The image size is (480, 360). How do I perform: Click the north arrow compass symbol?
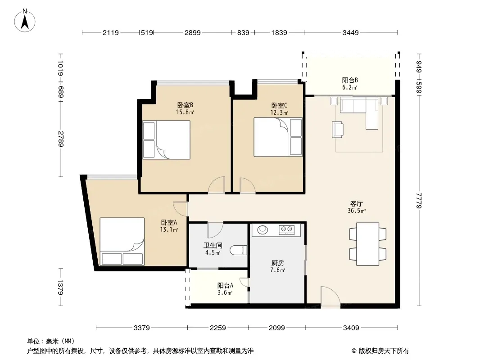pyautogui.click(x=25, y=21)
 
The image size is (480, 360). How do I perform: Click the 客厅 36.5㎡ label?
pyautogui.click(x=357, y=207)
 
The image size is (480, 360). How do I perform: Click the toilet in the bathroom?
pyautogui.click(x=238, y=250)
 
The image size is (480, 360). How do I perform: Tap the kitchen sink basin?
pyautogui.click(x=263, y=229)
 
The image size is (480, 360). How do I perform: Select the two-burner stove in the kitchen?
pyautogui.click(x=286, y=229)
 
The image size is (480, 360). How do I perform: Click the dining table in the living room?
pyautogui.click(x=367, y=244)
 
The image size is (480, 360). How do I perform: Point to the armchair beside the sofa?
pyautogui.click(x=338, y=129)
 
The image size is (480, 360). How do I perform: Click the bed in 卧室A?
pyautogui.click(x=122, y=241)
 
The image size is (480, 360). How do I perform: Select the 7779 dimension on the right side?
pyautogui.click(x=419, y=200)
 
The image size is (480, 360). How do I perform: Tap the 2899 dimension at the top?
pyautogui.click(x=193, y=32)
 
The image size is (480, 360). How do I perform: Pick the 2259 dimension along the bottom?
pyautogui.click(x=217, y=328)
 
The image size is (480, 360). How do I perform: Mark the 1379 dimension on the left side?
pyautogui.click(x=60, y=287)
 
